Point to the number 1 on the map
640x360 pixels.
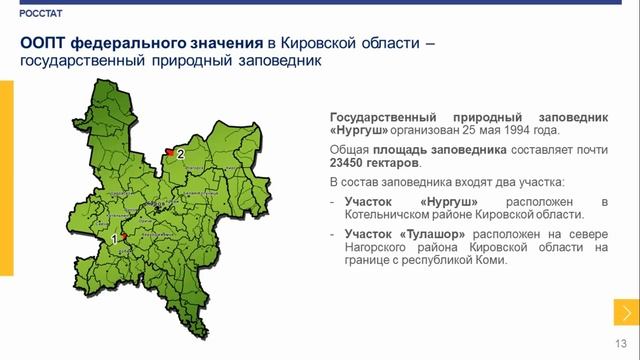coord(115,240)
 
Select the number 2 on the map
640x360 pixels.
coord(180,155)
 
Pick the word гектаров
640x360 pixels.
coord(396,161)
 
